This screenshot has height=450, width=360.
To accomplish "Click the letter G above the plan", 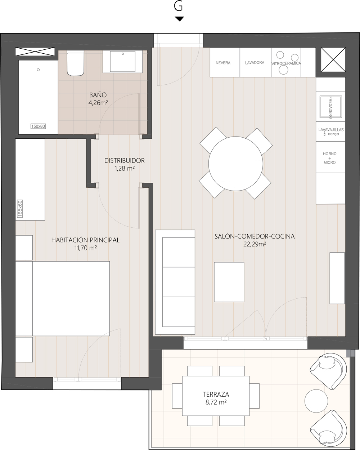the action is point(178,7).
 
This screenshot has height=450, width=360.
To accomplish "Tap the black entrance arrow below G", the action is point(179,19).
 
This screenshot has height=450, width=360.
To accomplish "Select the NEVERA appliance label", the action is point(223,63).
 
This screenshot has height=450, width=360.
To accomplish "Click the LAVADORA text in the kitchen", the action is point(255,63).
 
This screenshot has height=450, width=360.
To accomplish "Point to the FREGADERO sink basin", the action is point(330,107).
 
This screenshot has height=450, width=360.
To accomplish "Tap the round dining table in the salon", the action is point(235,164).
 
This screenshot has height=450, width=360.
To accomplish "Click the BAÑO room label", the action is point(98,95).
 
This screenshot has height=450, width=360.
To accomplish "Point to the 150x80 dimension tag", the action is point(38,126).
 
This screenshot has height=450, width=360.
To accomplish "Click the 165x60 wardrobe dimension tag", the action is point(20,209).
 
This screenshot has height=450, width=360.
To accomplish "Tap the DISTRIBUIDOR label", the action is point(124,161).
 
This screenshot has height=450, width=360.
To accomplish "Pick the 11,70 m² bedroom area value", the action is point(85,248).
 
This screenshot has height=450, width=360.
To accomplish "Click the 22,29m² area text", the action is point(255,244).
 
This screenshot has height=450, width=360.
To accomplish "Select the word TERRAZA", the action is point(216,395).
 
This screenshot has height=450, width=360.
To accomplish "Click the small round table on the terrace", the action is point(316,401).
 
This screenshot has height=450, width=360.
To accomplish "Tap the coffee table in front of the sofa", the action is point(229,282).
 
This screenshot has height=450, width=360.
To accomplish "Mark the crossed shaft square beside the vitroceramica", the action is point(333,59).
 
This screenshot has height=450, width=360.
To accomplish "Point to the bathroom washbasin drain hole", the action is point(123,54).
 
